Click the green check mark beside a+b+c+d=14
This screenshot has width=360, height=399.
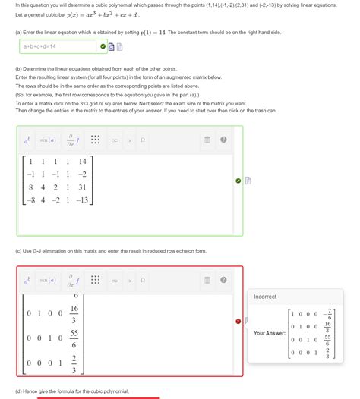click(103, 46)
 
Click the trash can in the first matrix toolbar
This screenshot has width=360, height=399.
click(207, 140)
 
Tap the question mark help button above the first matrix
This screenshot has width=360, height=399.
click(223, 140)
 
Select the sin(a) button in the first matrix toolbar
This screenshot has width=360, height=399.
click(47, 140)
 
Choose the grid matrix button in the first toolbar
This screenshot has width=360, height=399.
click(95, 140)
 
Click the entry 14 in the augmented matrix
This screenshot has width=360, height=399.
click(82, 162)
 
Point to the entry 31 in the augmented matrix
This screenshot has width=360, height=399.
click(82, 187)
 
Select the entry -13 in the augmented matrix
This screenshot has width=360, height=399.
click(81, 200)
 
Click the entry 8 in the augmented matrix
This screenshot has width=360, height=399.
click(30, 187)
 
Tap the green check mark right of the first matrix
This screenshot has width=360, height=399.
click(238, 181)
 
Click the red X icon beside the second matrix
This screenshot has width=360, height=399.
click(238, 321)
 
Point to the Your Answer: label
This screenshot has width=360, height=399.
click(269, 333)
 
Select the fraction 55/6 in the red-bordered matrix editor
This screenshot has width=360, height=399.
click(74, 338)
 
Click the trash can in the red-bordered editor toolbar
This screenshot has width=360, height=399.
click(207, 280)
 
